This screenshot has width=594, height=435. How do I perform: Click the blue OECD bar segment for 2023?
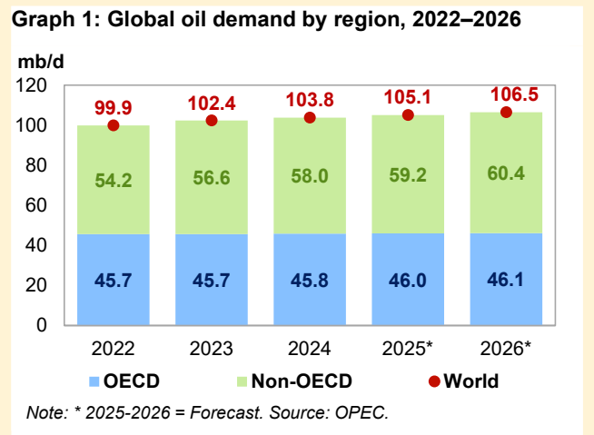pos(212,280)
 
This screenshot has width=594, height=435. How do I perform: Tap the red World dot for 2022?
pos(114,125)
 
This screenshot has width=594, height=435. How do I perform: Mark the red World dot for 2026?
pos(506,112)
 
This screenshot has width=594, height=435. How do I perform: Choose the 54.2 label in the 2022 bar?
pos(114,181)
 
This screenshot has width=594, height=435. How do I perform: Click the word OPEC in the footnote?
pos(363,413)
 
